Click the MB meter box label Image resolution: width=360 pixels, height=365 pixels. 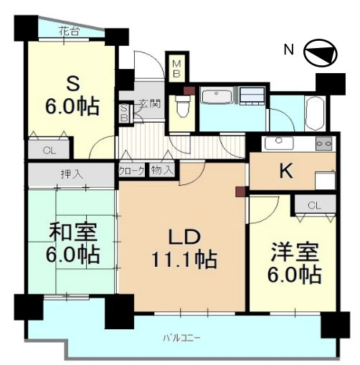point(176,69)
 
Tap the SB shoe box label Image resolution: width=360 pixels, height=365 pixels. point(124,113)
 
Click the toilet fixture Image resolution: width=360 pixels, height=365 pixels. point(181,106)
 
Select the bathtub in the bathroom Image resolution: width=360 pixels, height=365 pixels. point(316,113)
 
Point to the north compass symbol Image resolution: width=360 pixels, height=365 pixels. point(321,52)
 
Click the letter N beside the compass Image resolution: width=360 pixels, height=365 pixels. point(289,50)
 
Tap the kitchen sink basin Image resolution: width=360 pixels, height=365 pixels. point(279,143)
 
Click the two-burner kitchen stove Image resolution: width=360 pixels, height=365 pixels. point(324,143)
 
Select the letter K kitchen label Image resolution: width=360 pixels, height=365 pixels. point(286,171)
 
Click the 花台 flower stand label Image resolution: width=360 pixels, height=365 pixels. point(69,31)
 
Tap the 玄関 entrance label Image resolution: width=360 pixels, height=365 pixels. point(150,104)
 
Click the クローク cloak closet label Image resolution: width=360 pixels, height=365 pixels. point(131,171)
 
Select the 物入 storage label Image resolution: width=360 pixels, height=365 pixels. point(162,170)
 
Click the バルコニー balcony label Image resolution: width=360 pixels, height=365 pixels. point(181,338)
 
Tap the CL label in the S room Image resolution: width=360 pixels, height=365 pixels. point(49,151)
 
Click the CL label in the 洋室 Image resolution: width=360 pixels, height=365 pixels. point(314,205)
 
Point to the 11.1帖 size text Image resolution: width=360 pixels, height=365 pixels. point(184,260)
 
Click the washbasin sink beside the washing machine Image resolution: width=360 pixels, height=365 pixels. point(217,95)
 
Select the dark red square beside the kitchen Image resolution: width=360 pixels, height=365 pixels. point(240,191)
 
